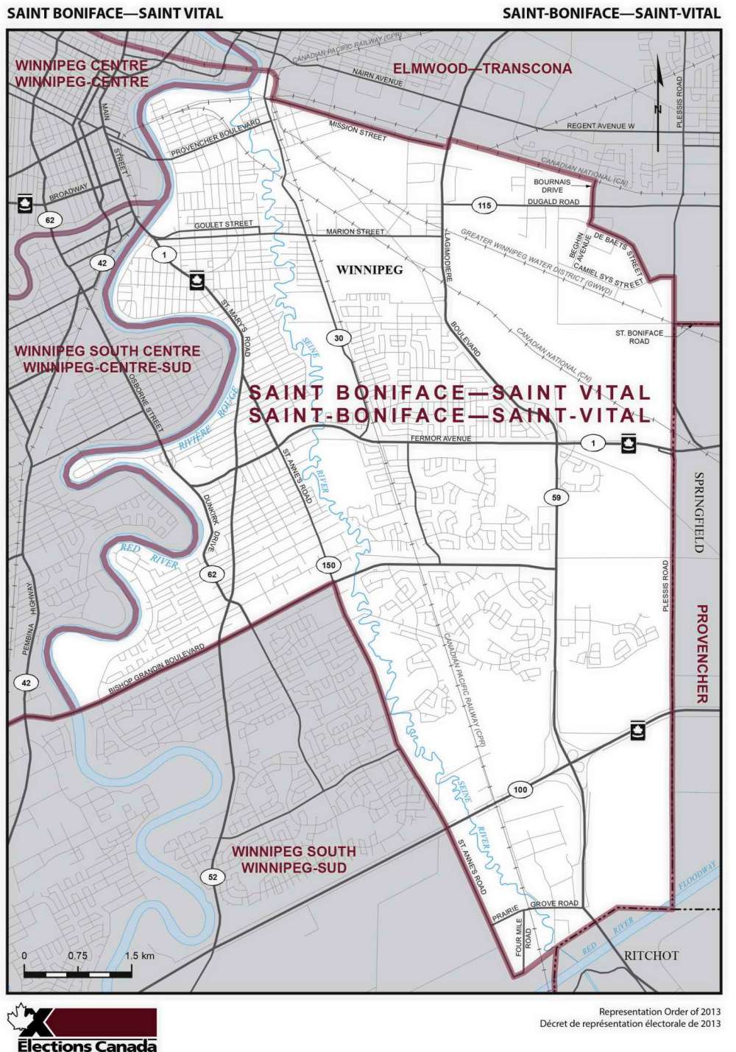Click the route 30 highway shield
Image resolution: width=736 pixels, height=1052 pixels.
point(339,338)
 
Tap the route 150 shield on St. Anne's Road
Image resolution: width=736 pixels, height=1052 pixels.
point(328,565)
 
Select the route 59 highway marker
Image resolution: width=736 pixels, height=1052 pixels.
point(556,498)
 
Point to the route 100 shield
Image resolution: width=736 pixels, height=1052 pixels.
point(520,790)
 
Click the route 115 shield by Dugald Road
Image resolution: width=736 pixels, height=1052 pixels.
point(484,205)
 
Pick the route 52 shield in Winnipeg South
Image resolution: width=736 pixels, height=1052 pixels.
point(213,876)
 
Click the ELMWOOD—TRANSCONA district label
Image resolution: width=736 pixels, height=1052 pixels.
point(482,68)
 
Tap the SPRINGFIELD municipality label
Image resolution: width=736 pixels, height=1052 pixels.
point(699,512)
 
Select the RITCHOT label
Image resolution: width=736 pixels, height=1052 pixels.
point(651,955)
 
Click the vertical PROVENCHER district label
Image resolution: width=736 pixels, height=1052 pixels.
point(701,654)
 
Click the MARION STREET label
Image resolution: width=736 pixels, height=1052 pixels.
point(355,232)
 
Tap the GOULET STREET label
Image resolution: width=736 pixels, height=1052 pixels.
point(223,224)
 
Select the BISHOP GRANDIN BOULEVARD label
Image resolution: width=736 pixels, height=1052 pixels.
point(157,670)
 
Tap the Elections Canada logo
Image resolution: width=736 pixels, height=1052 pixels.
point(82,1028)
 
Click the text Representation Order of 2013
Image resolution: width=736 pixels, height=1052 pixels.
point(659,1012)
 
